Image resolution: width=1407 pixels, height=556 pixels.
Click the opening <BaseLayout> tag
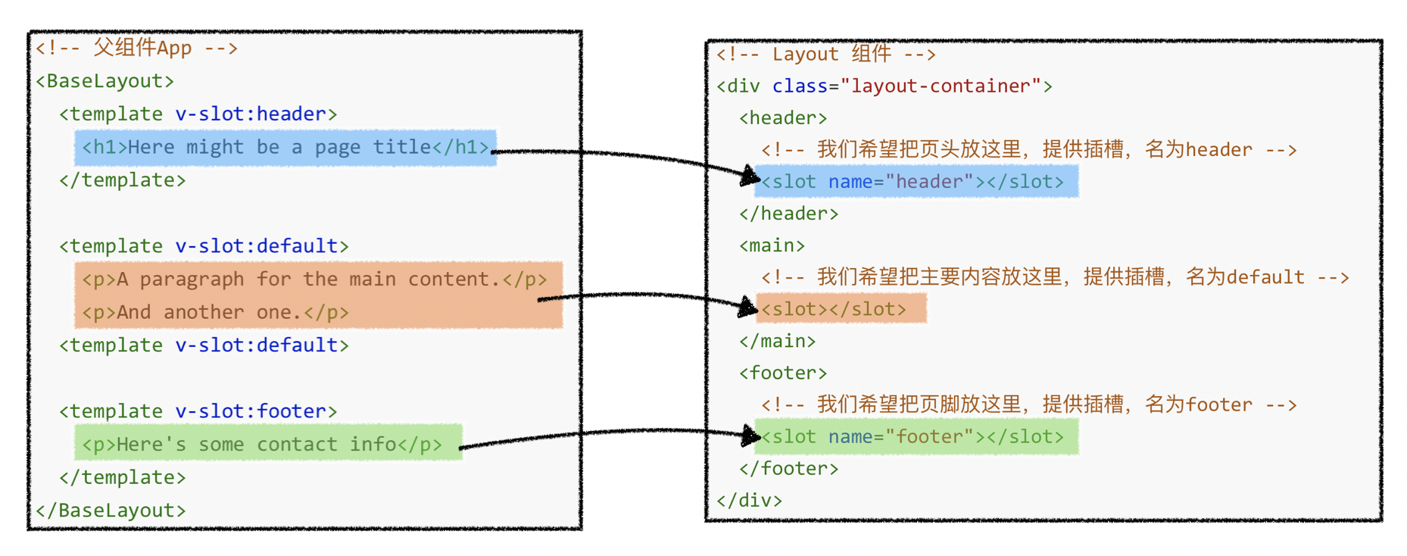click(x=105, y=81)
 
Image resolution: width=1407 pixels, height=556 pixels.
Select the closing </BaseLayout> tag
click(x=111, y=510)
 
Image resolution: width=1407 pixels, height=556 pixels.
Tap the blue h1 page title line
click(x=285, y=147)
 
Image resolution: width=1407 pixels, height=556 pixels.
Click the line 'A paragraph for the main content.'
click(x=314, y=280)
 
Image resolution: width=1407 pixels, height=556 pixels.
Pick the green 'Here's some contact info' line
click(x=262, y=444)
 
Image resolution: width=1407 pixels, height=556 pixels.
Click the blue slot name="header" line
click(x=913, y=182)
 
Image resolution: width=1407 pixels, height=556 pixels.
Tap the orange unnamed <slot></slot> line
click(x=834, y=309)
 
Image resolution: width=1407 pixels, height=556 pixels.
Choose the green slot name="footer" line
click(x=913, y=437)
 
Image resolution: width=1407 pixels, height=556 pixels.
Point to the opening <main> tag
click(x=772, y=245)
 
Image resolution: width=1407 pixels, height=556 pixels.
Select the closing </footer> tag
click(x=788, y=468)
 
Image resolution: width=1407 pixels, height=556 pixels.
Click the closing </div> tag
click(x=749, y=500)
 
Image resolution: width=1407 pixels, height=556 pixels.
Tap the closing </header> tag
click(x=788, y=214)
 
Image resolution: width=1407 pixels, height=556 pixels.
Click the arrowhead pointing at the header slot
click(x=750, y=176)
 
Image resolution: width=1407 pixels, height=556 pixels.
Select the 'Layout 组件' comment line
click(x=826, y=54)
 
